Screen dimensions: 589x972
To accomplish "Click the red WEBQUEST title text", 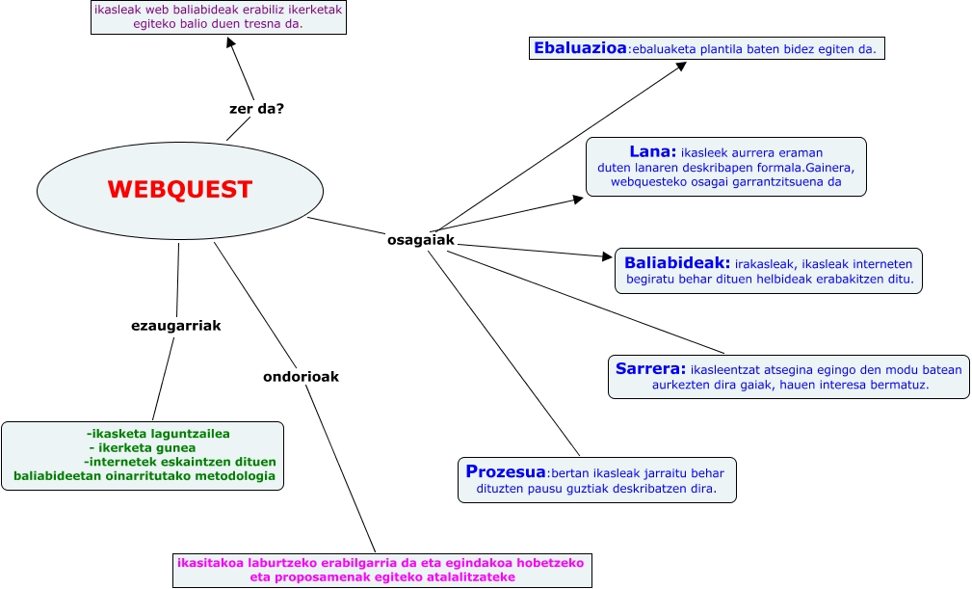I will point(179,190).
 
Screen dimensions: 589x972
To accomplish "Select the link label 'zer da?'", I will point(256,109).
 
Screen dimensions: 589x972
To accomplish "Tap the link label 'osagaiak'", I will point(420,240).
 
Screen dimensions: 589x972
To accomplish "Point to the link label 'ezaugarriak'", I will point(176,326).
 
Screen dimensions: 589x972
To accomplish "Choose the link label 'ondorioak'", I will point(301,377).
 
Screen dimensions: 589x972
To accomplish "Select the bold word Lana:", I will point(653,151).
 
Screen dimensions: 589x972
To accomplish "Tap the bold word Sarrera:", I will point(650,368).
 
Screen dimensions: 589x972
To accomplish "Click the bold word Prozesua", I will point(506,471).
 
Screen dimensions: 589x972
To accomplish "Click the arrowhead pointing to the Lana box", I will point(578,200).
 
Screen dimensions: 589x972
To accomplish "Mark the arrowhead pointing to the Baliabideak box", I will point(607,256).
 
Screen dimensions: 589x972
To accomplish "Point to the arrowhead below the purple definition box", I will point(230,44).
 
